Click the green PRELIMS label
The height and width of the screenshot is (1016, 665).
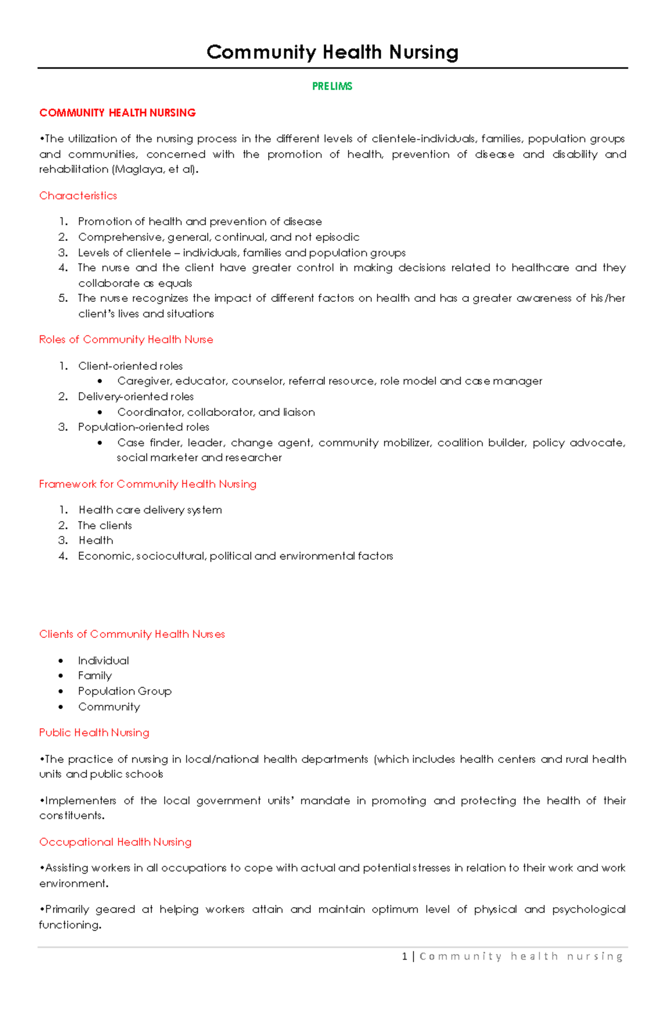point(332,86)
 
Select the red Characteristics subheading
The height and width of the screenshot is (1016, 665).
point(78,195)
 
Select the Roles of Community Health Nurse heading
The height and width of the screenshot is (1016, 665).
point(126,339)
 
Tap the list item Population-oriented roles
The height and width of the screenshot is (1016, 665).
point(144,427)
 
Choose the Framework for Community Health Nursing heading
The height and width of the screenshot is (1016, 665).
point(147,484)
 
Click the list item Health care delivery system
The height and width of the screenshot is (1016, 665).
point(150,510)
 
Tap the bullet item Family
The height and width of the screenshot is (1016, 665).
point(95,675)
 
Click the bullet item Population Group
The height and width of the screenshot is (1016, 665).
point(125,691)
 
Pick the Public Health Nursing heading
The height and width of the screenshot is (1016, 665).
point(94,733)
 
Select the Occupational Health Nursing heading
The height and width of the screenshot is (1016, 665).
point(115,842)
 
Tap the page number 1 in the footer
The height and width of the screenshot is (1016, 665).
point(405,956)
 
